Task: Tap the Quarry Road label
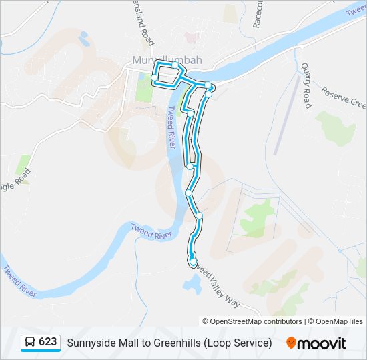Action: coord(306,85)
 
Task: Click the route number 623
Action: coord(47,342)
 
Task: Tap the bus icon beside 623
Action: coord(30,343)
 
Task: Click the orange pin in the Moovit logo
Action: coord(291,343)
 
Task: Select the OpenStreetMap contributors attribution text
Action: coord(256,321)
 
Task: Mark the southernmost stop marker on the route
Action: coord(192,262)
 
